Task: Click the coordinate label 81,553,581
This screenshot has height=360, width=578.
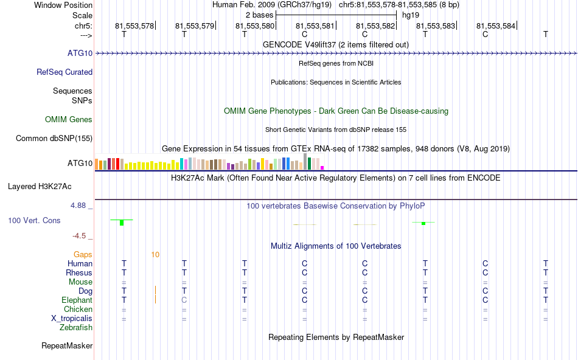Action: click(315, 26)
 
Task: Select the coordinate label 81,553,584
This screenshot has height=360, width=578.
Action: click(496, 26)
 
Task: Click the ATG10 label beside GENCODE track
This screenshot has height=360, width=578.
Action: click(80, 54)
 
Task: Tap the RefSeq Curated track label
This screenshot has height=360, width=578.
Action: click(64, 72)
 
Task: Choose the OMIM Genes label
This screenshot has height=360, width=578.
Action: click(69, 120)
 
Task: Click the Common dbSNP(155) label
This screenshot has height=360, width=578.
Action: click(54, 139)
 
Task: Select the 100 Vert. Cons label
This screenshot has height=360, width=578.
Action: click(35, 220)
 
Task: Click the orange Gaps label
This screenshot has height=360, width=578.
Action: click(83, 255)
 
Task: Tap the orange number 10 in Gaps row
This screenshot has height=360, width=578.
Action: click(156, 255)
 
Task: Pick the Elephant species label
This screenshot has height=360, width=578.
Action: click(77, 300)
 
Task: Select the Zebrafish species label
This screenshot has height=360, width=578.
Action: click(76, 328)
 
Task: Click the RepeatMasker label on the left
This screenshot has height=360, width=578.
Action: click(67, 346)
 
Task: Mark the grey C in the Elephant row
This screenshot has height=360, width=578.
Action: click(184, 300)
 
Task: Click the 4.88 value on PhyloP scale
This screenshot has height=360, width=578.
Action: click(80, 206)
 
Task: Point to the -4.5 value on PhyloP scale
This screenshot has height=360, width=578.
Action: click(82, 236)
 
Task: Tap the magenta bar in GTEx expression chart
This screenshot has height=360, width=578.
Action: click(322, 168)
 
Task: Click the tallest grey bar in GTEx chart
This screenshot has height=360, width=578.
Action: click(305, 162)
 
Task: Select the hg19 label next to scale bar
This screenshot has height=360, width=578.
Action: click(411, 15)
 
